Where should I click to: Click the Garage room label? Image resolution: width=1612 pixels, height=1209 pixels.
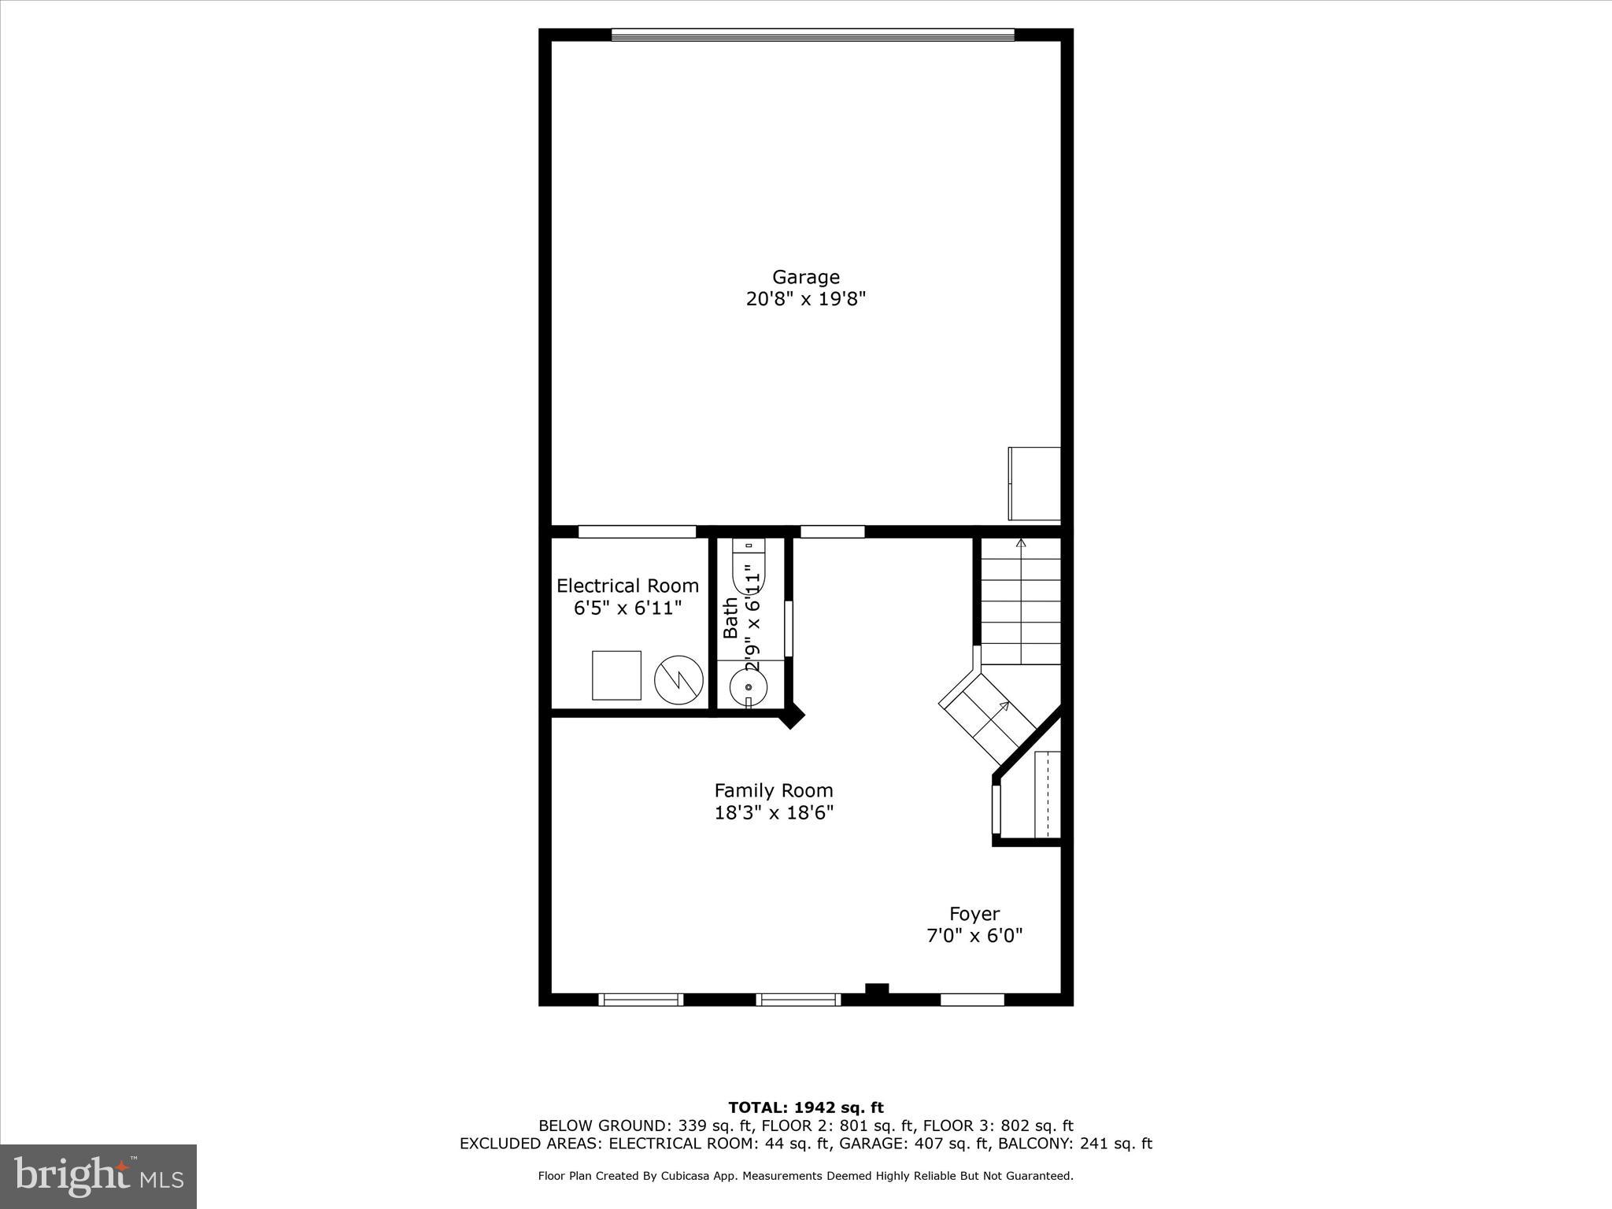click(805, 277)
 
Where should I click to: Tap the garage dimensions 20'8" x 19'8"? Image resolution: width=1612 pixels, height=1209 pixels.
click(805, 299)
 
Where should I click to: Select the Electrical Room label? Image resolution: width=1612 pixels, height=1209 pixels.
click(627, 586)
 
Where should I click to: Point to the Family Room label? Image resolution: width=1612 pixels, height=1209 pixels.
click(773, 790)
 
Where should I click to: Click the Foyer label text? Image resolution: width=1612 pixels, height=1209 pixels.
click(974, 914)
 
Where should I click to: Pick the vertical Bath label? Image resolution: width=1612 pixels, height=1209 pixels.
click(731, 618)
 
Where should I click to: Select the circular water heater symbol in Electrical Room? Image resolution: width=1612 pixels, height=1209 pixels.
click(678, 680)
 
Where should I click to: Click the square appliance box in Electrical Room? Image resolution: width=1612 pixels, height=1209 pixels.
click(616, 675)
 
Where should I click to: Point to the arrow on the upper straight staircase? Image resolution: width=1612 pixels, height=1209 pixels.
click(1021, 543)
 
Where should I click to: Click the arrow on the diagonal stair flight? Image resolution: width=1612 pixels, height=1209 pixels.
click(1004, 706)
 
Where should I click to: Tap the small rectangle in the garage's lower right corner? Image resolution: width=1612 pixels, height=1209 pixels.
click(1034, 483)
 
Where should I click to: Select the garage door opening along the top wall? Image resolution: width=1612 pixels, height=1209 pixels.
click(813, 35)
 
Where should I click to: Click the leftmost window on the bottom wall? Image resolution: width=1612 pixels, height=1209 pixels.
click(640, 1000)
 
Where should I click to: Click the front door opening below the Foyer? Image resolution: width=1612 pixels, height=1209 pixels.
click(972, 1000)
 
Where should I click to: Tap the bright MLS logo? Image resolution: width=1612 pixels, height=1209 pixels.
click(98, 1177)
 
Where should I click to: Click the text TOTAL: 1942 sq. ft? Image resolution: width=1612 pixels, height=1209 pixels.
click(805, 1108)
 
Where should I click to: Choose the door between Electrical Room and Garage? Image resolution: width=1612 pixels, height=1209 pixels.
click(637, 531)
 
